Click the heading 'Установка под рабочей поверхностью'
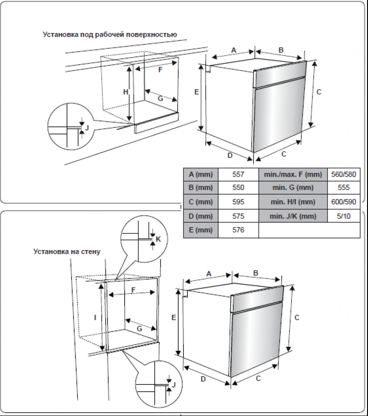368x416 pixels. point(109,34)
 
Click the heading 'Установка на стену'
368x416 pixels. point(67,251)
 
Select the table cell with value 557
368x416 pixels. point(238,174)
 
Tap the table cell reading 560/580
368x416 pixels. point(343,174)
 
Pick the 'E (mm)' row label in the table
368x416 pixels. point(201,230)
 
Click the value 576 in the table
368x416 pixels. point(238,230)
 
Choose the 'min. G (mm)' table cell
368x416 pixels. point(293,188)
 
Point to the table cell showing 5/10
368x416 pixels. point(343,216)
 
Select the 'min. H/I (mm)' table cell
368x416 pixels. point(293,202)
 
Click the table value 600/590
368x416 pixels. point(343,202)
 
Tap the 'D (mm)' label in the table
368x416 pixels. point(201,216)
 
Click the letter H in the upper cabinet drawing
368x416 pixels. point(125,92)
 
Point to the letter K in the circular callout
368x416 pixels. point(158,239)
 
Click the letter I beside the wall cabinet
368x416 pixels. point(95,317)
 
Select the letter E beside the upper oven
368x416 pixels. point(196,92)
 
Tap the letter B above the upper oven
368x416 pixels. point(281,50)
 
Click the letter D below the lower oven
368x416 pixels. point(203,379)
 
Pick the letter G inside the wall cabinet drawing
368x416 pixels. point(139,328)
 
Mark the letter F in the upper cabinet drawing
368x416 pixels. point(160,70)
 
